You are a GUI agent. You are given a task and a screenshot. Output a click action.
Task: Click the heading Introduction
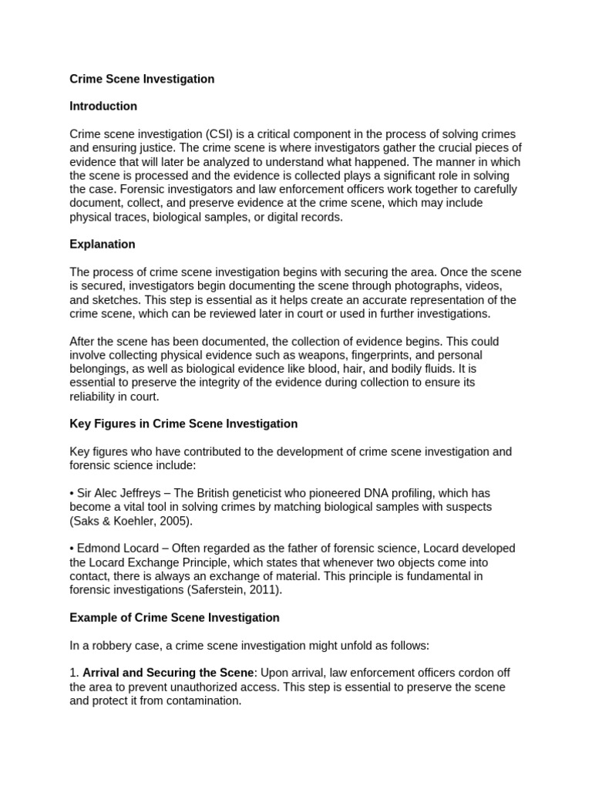pos(103,106)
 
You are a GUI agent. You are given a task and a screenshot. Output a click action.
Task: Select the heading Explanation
pos(103,245)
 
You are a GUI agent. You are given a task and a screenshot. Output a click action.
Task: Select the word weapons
pos(324,356)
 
